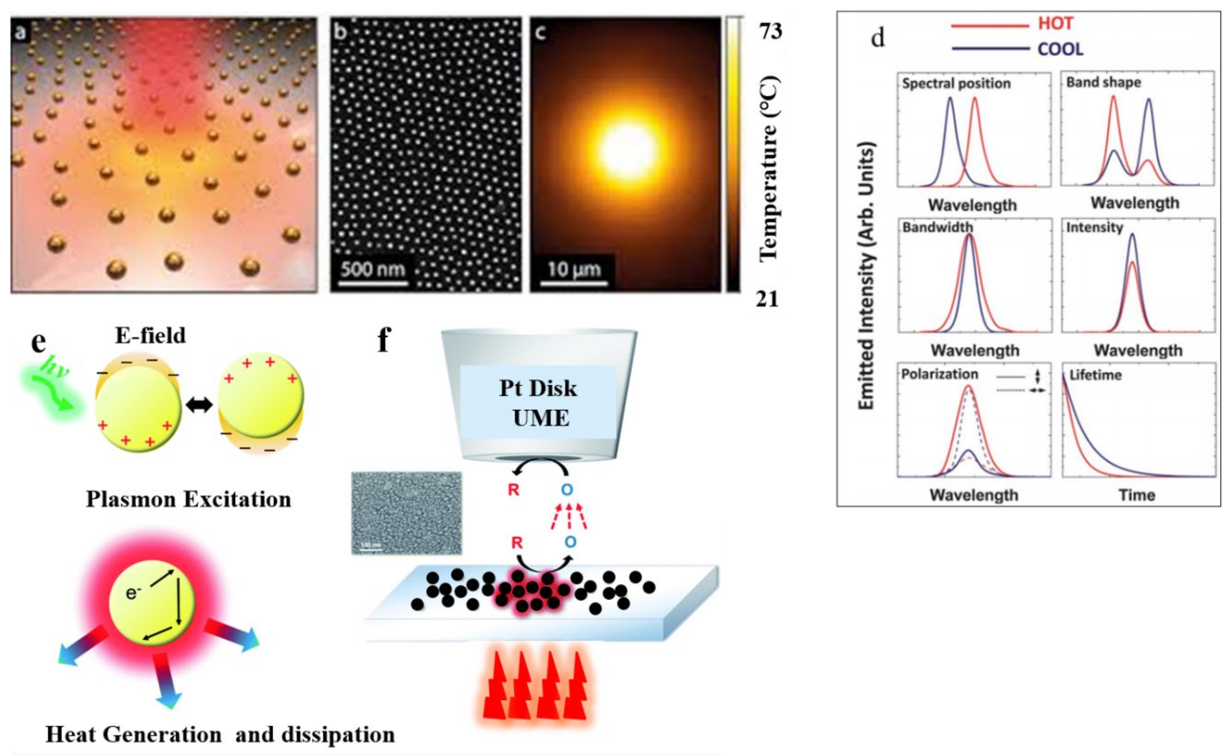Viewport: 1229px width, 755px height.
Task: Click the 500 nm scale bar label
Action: [x=372, y=270]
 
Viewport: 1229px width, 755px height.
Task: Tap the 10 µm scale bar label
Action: [x=574, y=270]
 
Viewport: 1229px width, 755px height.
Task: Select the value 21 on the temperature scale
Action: [x=767, y=299]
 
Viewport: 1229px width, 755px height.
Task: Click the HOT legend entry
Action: [x=1055, y=24]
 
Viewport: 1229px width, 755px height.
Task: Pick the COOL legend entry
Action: [x=1060, y=49]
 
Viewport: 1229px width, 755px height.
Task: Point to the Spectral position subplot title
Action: [x=956, y=84]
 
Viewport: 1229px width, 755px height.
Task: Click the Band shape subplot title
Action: [x=1103, y=82]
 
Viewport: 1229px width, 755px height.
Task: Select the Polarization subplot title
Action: [x=939, y=374]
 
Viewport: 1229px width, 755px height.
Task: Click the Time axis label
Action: [x=1137, y=495]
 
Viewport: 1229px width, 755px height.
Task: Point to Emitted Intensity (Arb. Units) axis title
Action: [x=866, y=276]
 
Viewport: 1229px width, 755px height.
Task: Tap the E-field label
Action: [x=150, y=335]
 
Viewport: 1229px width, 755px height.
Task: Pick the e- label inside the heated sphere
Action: [x=132, y=593]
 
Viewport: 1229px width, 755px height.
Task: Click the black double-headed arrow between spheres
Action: [x=199, y=405]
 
